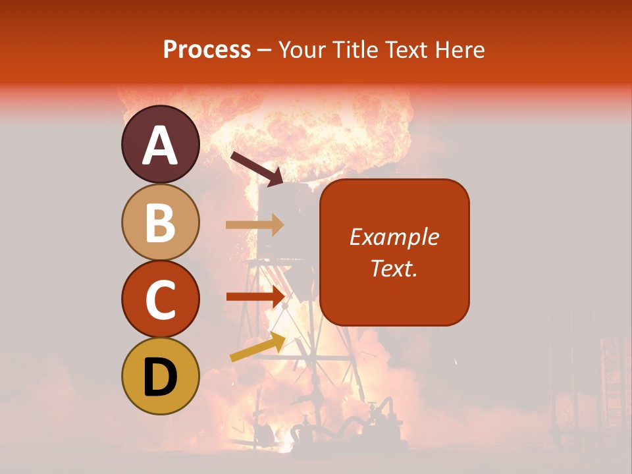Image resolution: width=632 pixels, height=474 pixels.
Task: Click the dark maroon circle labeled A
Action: [160, 144]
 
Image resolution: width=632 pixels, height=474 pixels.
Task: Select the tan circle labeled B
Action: [160, 222]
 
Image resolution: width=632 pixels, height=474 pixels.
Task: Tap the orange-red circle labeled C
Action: [160, 299]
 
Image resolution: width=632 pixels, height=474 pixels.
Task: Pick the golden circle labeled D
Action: [160, 377]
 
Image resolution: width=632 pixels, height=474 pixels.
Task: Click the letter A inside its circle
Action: [160, 145]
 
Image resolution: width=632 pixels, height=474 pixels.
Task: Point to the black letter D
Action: [160, 377]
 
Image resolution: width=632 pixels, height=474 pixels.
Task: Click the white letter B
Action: [160, 223]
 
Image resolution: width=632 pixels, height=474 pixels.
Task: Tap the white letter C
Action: [160, 300]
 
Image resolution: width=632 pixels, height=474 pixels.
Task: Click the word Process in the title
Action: [207, 49]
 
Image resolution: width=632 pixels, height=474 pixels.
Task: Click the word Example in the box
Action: [394, 237]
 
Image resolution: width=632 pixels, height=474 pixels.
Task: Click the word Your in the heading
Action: [301, 49]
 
